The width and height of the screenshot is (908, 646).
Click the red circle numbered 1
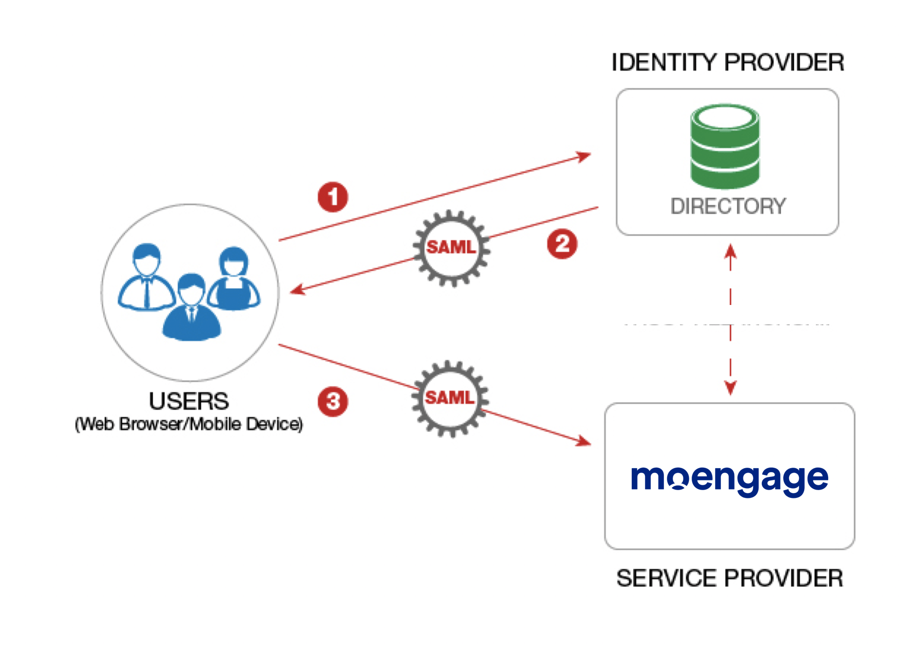coord(333,197)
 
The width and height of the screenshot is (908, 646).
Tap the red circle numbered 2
coord(562,244)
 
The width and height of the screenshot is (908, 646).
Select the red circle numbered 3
coord(333,401)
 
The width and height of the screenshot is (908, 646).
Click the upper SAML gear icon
coord(452,248)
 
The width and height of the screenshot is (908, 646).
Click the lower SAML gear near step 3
coord(450,398)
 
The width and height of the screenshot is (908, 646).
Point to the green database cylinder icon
coord(725,146)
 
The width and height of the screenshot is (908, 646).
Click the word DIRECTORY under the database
coord(728,206)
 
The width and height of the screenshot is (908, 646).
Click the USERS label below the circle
coord(189,401)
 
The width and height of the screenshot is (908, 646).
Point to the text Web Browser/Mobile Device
coord(189,424)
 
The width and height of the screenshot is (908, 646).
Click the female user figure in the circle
coord(234,280)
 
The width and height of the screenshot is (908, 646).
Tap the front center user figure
coord(191,309)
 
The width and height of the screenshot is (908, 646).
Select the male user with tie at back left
coord(146,278)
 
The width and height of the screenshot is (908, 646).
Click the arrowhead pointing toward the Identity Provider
coord(584,156)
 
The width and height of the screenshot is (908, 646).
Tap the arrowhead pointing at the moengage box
coord(583,441)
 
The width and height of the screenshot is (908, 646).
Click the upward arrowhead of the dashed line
coord(730,251)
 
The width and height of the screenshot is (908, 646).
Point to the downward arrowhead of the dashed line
coord(730,388)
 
